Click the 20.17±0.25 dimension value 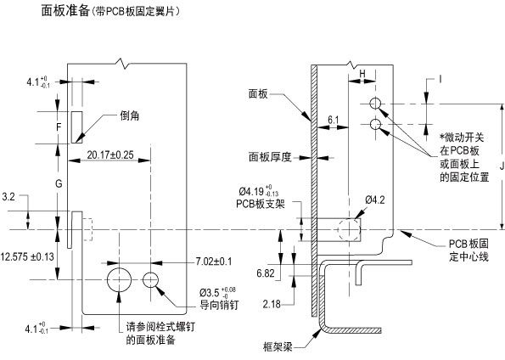coord(110,155)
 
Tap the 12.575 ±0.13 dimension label coord(27,257)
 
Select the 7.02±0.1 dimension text coord(214,262)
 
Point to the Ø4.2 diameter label coord(375,200)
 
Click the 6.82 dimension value coord(266,273)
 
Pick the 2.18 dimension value coord(272,304)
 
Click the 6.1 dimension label coord(334,121)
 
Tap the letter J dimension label coord(502,166)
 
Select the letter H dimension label coord(362,74)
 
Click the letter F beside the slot coord(59,127)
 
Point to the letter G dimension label coord(59,184)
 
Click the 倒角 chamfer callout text coord(130,116)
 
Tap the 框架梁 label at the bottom coord(278,347)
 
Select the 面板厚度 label coord(270,157)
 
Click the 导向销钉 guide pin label coord(219,305)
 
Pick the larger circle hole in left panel coord(120,279)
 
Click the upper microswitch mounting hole coord(375,104)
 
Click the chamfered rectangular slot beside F coord(77,127)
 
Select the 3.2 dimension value coord(8,197)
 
